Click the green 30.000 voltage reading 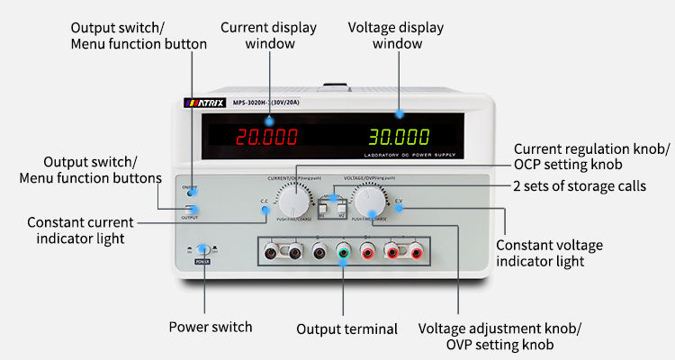(399, 138)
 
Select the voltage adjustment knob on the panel (371, 197)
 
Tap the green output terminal (343, 253)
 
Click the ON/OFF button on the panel (190, 192)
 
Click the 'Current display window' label (268, 35)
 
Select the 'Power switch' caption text (211, 326)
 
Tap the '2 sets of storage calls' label (579, 186)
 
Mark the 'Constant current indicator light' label (80, 229)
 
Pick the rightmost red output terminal (416, 253)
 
